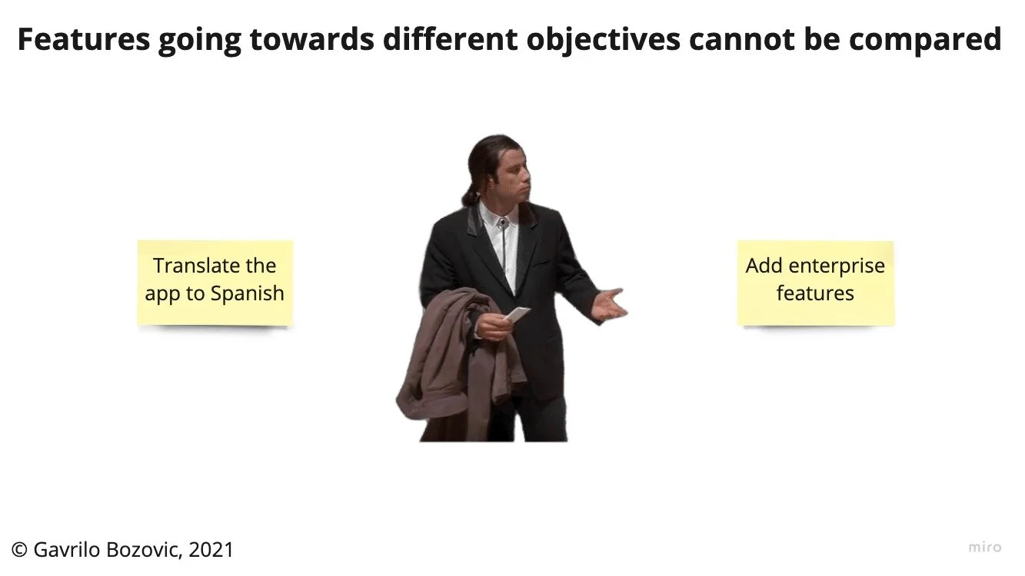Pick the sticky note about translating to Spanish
(x=215, y=283)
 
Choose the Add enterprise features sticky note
(x=815, y=283)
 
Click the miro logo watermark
(x=985, y=548)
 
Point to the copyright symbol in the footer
(x=20, y=550)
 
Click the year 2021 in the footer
(x=211, y=550)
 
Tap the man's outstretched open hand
(x=611, y=304)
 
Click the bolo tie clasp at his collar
(x=501, y=223)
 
